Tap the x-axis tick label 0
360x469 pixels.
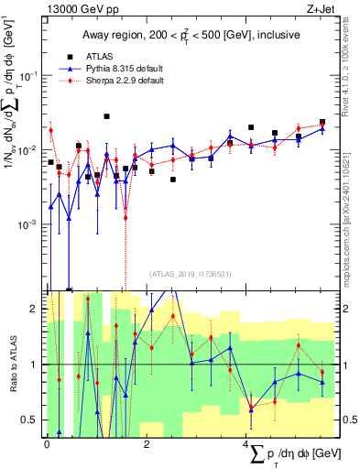(x=47, y=444)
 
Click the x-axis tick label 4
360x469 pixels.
(x=246, y=444)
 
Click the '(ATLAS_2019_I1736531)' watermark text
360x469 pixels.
(x=191, y=273)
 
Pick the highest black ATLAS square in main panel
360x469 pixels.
(x=107, y=116)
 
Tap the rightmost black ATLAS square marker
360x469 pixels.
(x=322, y=122)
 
